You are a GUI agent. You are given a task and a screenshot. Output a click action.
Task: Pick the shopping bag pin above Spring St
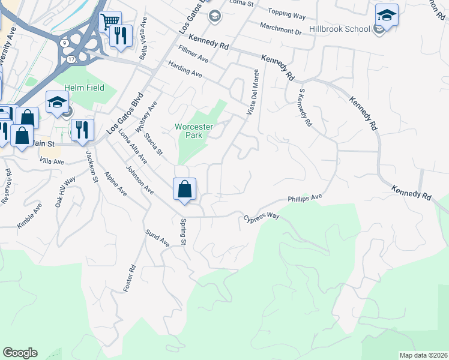(185, 189)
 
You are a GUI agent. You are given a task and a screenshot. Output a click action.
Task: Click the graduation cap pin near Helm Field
(57, 103)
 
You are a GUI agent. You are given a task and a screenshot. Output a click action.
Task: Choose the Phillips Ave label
(305, 197)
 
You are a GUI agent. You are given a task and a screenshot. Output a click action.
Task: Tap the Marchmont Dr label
(280, 28)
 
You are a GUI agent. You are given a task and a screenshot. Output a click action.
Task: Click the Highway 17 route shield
(71, 59)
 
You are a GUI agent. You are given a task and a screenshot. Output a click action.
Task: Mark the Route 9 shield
(64, 42)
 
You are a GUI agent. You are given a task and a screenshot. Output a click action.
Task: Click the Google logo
(20, 353)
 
